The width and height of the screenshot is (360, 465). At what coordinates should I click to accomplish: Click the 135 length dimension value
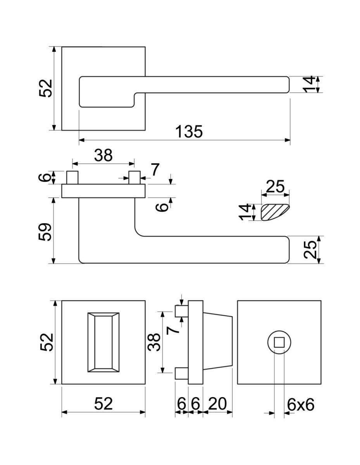click(x=189, y=131)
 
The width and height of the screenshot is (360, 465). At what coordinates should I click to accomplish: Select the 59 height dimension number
click(x=45, y=232)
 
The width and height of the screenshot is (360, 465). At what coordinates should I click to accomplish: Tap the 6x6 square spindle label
click(x=301, y=405)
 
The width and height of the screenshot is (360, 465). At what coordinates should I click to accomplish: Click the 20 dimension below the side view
click(x=217, y=404)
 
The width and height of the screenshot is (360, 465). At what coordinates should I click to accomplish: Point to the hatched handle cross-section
click(x=275, y=212)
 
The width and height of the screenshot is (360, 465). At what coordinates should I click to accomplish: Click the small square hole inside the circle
click(x=279, y=342)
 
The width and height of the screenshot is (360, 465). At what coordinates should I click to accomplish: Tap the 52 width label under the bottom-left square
click(x=103, y=404)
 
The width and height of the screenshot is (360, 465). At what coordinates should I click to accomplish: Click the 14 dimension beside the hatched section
click(x=245, y=212)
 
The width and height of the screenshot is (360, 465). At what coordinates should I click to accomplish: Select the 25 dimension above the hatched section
click(x=276, y=186)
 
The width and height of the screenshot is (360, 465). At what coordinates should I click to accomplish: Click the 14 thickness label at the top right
click(x=309, y=84)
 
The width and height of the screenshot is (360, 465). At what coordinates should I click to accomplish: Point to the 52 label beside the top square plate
click(x=46, y=88)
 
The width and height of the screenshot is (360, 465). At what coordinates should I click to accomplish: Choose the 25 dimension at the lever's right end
click(x=310, y=250)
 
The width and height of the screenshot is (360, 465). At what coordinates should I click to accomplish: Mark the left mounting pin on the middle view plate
click(x=72, y=177)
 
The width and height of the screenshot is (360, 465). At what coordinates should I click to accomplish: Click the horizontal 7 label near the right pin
click(x=155, y=169)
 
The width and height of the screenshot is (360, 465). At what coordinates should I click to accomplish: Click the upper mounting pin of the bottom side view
click(x=182, y=311)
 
